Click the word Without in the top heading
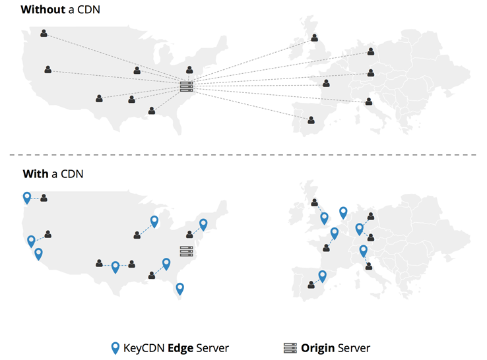42,10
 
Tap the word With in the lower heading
36,174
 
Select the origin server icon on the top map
186,86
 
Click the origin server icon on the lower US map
186,251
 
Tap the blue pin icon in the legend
115,348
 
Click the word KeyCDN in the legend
144,348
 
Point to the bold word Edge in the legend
181,348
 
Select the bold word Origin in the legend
318,348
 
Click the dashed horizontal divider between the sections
243,155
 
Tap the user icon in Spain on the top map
311,120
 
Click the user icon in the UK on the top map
315,38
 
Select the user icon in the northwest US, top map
44,33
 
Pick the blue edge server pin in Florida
179,289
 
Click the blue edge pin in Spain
323,276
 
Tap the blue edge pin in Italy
363,251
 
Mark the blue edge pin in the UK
324,218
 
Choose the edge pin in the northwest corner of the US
27,197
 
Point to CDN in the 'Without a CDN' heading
88,10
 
